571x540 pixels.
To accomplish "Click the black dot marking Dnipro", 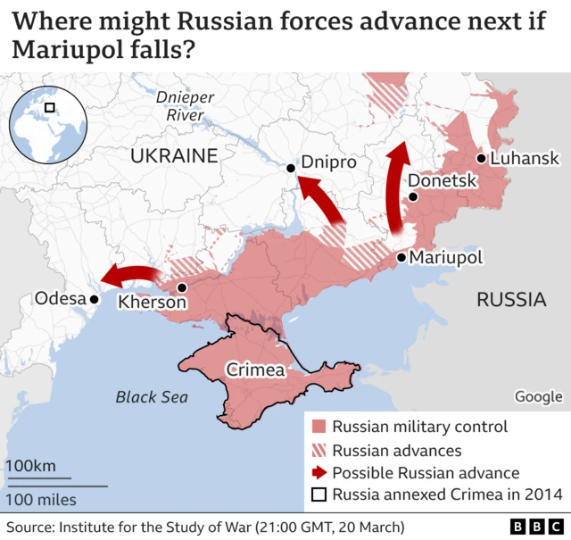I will point(291,168).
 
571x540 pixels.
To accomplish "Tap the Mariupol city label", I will point(445,257).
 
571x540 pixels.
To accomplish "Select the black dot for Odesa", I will point(93,300).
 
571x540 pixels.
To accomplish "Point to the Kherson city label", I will point(153,303).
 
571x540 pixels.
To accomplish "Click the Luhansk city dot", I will point(481,159).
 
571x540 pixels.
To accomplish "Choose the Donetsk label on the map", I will point(443,181).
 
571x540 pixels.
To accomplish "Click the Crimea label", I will point(255,370).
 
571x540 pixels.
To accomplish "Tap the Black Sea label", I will point(152,397).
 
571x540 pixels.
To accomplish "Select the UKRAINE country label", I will point(174,156).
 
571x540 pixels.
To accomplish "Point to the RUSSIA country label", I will point(511,299).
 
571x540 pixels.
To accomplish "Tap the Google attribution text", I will point(538,396).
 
